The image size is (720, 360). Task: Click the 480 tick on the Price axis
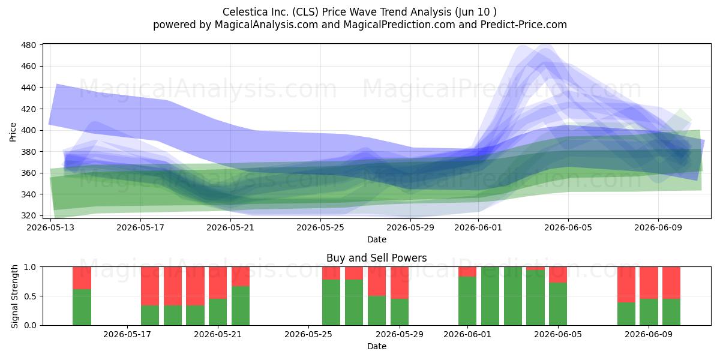click(x=28, y=45)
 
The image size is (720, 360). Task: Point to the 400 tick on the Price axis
click(x=28, y=131)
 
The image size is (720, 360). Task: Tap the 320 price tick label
click(x=28, y=215)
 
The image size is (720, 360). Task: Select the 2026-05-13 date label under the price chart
click(x=50, y=228)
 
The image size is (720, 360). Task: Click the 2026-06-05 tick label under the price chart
click(x=568, y=228)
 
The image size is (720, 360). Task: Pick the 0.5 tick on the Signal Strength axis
click(x=30, y=296)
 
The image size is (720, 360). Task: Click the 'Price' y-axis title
click(x=13, y=132)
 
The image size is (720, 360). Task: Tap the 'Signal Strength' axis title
click(x=14, y=296)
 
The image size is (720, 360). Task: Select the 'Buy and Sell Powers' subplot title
click(x=376, y=258)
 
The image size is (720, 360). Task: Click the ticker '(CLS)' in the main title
click(x=305, y=12)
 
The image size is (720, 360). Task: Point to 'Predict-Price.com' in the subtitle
click(x=524, y=25)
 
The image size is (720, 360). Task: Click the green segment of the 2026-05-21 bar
click(x=241, y=305)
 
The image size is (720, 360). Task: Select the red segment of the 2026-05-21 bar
click(x=241, y=277)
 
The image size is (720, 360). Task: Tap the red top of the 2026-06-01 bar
click(x=467, y=272)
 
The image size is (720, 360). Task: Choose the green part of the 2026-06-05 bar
click(x=558, y=304)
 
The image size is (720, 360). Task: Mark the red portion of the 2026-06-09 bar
click(x=649, y=283)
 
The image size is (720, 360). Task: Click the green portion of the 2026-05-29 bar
click(x=400, y=312)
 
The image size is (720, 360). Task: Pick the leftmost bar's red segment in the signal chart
click(x=82, y=278)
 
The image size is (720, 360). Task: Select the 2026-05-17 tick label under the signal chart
click(x=127, y=335)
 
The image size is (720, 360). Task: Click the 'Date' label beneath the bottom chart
click(x=377, y=347)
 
